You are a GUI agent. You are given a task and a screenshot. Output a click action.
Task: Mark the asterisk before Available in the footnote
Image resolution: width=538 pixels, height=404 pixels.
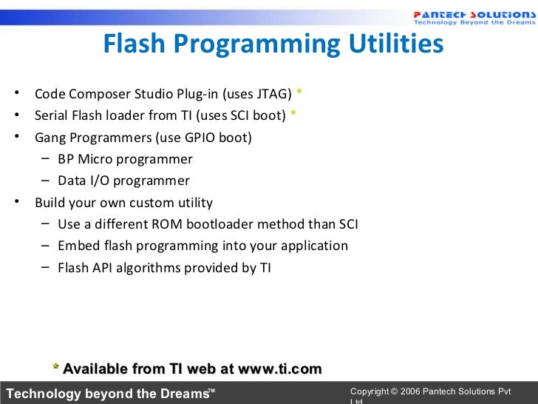pyautogui.click(x=55, y=368)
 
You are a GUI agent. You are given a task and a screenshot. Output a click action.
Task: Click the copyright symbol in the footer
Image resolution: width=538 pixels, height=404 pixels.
pyautogui.click(x=394, y=391)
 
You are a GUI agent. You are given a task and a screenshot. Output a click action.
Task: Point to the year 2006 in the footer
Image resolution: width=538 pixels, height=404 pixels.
pyautogui.click(x=410, y=391)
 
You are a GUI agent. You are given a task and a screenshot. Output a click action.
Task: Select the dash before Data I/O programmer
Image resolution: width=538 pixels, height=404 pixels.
pyautogui.click(x=46, y=181)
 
